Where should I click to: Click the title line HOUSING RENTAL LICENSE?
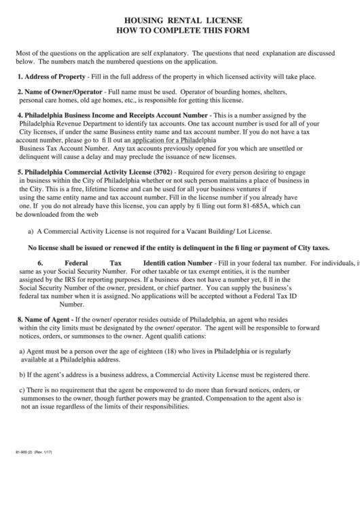[x=180, y=21]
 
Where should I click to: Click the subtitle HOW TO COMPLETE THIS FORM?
[x=180, y=31]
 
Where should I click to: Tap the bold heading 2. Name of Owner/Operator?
[x=60, y=92]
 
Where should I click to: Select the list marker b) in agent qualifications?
[x=21, y=374]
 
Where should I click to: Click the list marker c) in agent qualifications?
[x=21, y=390]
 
